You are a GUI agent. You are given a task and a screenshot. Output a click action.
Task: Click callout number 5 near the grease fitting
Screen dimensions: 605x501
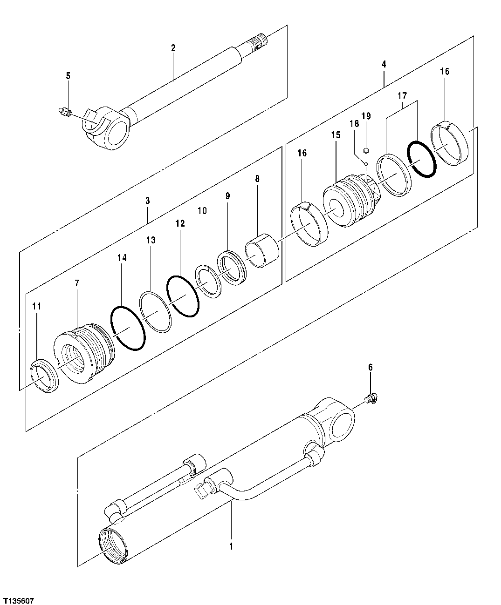[x=68, y=76]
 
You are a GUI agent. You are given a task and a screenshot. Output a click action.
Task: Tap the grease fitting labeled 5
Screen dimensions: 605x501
[x=64, y=112]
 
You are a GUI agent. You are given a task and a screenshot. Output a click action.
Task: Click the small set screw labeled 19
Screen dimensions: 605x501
[x=366, y=150]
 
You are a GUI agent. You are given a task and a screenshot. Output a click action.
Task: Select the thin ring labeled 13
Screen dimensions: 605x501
[x=156, y=312]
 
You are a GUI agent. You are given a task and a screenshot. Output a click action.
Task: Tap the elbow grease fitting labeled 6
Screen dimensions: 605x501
[x=373, y=398]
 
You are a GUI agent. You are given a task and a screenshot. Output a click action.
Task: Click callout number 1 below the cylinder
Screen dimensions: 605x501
[x=231, y=545]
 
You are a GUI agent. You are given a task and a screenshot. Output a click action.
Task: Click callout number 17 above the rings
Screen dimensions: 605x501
[x=402, y=96]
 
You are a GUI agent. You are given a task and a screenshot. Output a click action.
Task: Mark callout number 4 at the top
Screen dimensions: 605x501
[x=384, y=64]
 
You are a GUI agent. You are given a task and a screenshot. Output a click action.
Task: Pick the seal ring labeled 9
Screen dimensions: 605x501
[x=232, y=267]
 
